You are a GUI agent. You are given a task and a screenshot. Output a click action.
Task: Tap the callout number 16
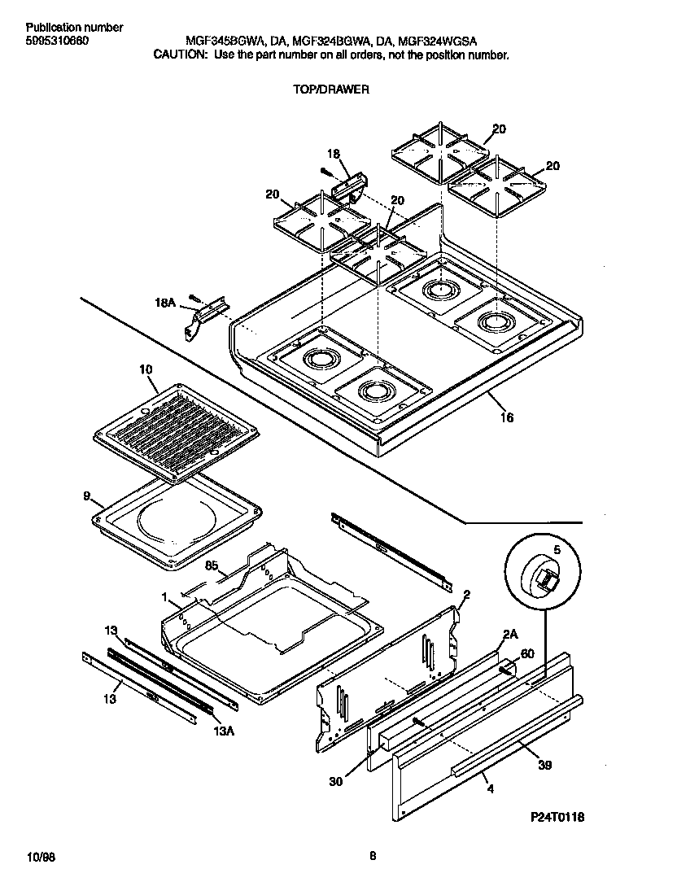coord(506,418)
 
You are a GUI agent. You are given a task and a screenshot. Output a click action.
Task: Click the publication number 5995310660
coord(53,40)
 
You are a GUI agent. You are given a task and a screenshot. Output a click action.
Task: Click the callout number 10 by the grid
coord(146,369)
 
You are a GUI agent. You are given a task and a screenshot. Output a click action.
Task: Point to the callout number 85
coord(211,565)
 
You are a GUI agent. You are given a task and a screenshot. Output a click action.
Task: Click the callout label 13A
coord(225,731)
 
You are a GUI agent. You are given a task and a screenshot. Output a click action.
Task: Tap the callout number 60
coord(526,653)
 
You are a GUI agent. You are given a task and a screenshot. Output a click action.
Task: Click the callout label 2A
coord(510,634)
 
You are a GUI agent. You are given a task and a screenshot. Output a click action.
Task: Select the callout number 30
coord(336,781)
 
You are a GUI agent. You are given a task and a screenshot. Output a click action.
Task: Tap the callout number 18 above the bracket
coord(333,154)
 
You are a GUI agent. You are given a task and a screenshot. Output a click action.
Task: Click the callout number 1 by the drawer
coord(164,596)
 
